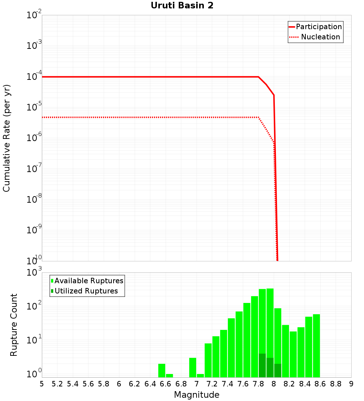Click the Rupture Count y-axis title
coord(14,325)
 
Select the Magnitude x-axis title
coord(197,394)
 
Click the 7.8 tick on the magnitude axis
coord(258,384)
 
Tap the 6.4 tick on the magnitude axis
coord(150,384)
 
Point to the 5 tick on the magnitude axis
coord(42,384)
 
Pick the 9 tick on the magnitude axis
coord(351,384)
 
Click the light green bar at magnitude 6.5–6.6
coord(162,370)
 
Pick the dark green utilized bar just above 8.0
coord(278,370)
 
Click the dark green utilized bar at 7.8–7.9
coord(262,365)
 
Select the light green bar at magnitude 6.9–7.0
coord(193,367)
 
